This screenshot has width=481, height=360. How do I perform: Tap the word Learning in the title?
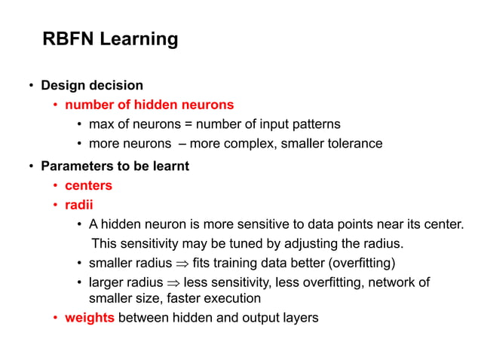pyautogui.click(x=140, y=39)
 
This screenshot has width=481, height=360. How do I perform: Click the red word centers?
pyautogui.click(x=88, y=185)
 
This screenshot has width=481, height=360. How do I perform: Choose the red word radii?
pyautogui.click(x=78, y=205)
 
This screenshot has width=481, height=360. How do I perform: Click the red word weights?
pyautogui.click(x=90, y=317)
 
